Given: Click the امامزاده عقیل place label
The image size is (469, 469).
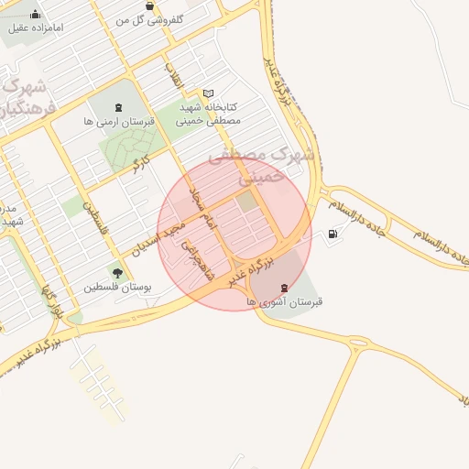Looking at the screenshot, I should pos(37,27).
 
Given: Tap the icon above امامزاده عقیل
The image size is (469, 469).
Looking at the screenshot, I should pos(35,14).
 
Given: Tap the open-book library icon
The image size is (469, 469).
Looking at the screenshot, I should pos(208,93).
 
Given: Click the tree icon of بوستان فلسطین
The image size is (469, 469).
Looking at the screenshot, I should pos(116,272).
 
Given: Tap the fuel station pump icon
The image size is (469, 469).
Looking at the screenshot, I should pos(332,234).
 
